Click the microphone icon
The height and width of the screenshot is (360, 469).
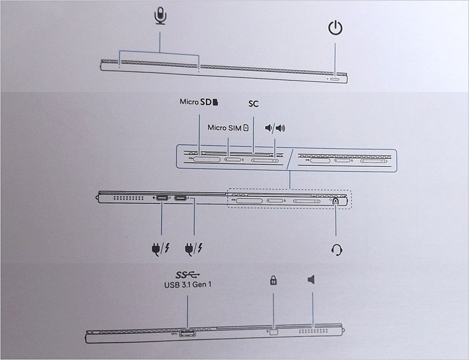[160, 16]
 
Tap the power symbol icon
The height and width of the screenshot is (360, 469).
[335, 27]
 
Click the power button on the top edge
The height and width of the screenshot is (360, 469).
[335, 79]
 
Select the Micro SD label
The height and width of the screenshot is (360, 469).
[199, 102]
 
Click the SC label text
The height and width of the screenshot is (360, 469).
[253, 104]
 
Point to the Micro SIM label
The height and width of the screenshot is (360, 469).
[228, 128]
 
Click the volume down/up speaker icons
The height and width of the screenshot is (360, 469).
[275, 128]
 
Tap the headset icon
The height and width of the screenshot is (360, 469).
[337, 249]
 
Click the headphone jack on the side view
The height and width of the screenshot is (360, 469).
[336, 201]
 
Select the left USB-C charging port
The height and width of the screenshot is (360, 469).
[162, 198]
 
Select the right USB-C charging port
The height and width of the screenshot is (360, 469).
[180, 198]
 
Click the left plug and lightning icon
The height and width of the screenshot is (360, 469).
[161, 249]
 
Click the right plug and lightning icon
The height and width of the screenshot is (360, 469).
[194, 249]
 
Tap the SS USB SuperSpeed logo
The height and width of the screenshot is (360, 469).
[188, 275]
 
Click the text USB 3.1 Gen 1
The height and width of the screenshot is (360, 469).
[188, 284]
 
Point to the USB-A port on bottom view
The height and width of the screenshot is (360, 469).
[188, 332]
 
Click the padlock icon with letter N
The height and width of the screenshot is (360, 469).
[273, 280]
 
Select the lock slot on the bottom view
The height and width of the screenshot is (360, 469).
[273, 332]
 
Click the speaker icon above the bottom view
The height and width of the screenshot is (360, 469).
[311, 279]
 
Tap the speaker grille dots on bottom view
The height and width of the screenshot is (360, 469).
[313, 331]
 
